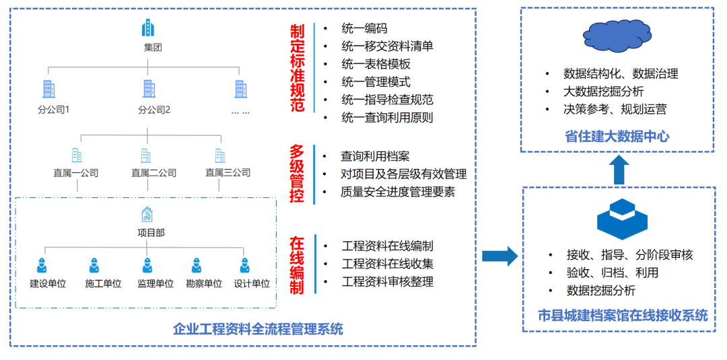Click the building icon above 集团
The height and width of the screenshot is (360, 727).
point(148,28)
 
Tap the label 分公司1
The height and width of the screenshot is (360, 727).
point(54,110)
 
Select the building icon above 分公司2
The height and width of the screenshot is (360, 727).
point(149,88)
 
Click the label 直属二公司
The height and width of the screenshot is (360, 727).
point(153,173)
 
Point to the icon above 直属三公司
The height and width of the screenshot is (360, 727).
point(220,155)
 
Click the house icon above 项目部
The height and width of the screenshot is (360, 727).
point(147,215)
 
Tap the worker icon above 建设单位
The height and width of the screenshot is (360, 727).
point(42,265)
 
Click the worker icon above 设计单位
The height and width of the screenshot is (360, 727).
point(246,265)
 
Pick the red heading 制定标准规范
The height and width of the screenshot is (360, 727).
point(297,69)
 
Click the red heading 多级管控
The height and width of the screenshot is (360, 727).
point(297,174)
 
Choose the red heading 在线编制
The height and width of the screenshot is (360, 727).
point(297,265)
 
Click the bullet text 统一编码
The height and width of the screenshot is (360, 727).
point(364,29)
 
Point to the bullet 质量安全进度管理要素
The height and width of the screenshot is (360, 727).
point(398,192)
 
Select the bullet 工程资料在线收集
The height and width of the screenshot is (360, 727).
point(387,264)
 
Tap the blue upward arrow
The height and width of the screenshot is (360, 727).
point(619,170)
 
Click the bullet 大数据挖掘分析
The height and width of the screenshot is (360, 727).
point(603,92)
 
